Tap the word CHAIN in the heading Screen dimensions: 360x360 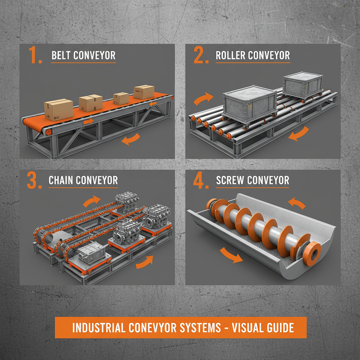tap(61, 181)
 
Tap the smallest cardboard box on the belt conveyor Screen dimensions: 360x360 tap(121, 98)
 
